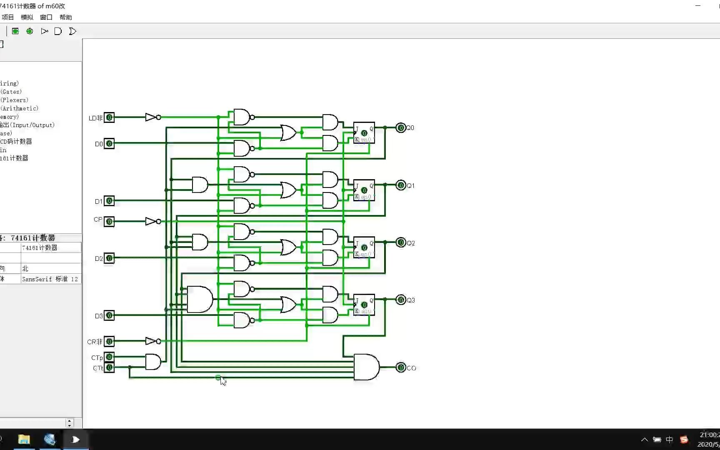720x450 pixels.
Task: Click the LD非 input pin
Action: [109, 117]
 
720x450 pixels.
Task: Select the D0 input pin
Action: [109, 144]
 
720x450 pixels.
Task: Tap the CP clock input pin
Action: [109, 221]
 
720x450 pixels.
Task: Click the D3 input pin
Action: [109, 315]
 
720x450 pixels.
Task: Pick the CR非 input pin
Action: [109, 341]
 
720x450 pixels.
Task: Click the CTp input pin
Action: [109, 357]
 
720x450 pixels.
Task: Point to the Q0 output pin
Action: [400, 128]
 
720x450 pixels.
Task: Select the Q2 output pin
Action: [400, 242]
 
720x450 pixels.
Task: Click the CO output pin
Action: [400, 367]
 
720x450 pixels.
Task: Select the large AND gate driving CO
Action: [366, 367]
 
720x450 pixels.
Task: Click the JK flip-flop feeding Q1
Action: [364, 190]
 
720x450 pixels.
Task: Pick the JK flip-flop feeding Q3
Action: [364, 305]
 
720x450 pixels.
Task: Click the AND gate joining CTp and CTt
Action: [153, 362]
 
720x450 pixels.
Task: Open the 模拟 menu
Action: [27, 17]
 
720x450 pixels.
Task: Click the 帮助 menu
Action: [65, 17]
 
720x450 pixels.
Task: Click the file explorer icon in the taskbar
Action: [24, 440]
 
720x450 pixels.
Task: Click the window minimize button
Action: [698, 6]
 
